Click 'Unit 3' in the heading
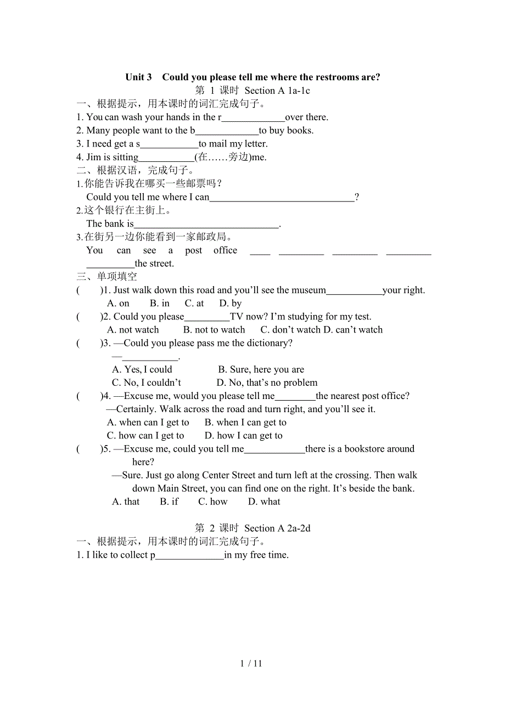138,77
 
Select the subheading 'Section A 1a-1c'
277,91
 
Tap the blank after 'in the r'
253,117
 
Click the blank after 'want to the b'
227,131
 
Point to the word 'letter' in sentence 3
254,144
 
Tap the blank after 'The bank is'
206,224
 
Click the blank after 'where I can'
282,198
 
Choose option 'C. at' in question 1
194,303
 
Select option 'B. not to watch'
214,330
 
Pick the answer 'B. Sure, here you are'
261,370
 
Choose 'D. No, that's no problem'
267,383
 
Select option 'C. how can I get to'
145,436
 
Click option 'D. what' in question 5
264,502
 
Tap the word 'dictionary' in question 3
266,344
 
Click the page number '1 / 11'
251,664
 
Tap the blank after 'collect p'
190,555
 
